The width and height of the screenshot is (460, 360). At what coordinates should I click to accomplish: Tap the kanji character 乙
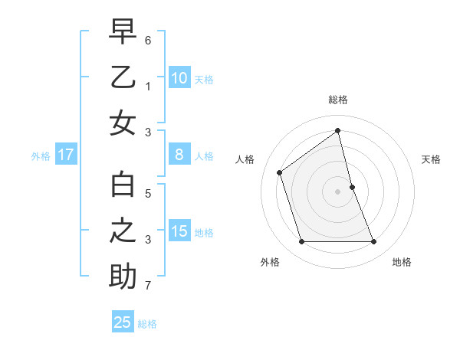click(123, 77)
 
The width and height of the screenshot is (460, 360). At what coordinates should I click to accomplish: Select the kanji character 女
click(123, 123)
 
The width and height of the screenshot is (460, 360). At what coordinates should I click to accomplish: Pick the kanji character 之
click(123, 231)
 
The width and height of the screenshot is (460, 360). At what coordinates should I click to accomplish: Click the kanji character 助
click(123, 277)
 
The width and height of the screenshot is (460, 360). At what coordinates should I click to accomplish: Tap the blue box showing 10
click(179, 77)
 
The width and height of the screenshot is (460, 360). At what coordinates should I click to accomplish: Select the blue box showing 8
click(179, 155)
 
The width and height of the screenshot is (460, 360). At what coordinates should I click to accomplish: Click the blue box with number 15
click(179, 231)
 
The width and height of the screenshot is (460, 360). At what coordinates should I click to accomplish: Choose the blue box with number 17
click(66, 155)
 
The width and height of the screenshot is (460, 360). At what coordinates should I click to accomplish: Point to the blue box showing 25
click(123, 322)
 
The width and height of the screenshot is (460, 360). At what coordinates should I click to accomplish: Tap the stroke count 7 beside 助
click(149, 286)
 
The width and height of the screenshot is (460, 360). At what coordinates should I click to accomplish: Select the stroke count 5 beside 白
click(149, 194)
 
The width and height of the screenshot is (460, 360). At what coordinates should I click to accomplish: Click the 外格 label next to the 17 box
click(41, 155)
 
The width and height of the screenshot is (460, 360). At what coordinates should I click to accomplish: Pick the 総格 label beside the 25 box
click(147, 323)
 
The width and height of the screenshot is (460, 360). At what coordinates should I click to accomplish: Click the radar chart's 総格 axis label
click(338, 100)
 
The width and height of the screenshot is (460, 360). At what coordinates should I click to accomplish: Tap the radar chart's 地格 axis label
click(402, 262)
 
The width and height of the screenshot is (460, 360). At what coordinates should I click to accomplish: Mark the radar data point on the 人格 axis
click(280, 172)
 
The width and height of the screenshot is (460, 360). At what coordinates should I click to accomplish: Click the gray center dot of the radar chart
click(338, 191)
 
